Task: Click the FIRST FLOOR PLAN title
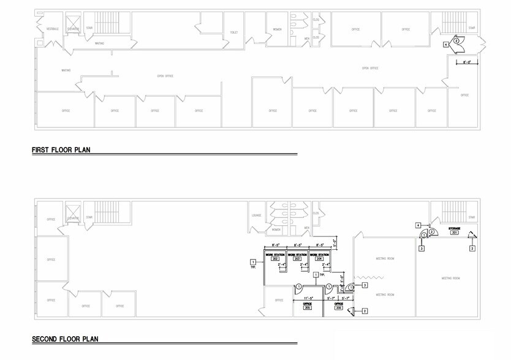[x=61, y=149]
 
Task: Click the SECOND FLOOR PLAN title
[x=65, y=339]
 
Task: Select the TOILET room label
[x=233, y=32]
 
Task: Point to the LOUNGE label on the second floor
[x=257, y=216]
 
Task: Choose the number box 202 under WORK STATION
[x=275, y=259]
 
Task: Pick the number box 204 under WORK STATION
[x=319, y=259]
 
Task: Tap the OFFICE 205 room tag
[x=307, y=306]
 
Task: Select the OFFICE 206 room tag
[x=339, y=306]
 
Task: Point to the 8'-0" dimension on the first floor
[x=467, y=62]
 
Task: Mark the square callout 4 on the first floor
[x=445, y=44]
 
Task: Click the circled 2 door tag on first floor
[x=456, y=40]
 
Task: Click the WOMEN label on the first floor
[x=277, y=29]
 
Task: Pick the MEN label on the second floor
[x=306, y=228]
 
